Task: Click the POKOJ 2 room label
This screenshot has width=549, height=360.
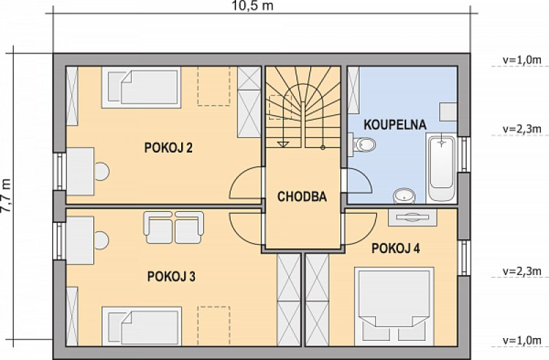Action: [x=168, y=147]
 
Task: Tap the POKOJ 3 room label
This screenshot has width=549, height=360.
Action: [x=171, y=276]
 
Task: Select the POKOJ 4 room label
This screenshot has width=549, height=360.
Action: [x=396, y=248]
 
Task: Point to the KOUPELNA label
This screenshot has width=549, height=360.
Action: [x=395, y=125]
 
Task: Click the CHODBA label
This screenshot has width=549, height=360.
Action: [x=302, y=197]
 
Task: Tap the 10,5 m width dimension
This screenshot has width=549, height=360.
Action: [x=253, y=5]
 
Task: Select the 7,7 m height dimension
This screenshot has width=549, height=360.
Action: [x=5, y=195]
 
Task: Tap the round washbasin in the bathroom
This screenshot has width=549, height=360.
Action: [x=404, y=196]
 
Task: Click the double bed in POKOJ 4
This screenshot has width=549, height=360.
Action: [x=394, y=307]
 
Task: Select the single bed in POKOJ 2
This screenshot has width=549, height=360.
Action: [x=141, y=87]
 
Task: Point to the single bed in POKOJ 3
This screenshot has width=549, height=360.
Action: [x=141, y=326]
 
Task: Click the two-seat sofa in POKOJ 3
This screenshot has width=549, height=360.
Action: [x=174, y=228]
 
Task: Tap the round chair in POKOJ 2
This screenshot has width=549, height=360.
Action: [x=102, y=171]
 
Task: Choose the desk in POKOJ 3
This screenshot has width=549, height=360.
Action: [x=80, y=241]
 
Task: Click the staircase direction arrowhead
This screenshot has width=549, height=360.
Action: [x=283, y=144]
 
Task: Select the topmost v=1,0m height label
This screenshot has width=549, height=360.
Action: [x=522, y=60]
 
